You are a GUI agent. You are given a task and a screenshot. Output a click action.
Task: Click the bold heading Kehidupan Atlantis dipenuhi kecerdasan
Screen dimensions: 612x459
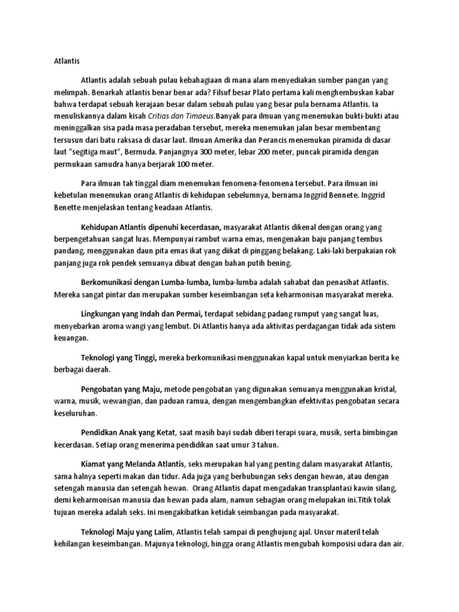151,228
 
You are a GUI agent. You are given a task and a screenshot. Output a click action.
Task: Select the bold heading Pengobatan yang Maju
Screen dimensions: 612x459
120,388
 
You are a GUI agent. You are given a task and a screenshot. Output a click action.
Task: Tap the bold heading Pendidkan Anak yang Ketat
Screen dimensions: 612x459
131,432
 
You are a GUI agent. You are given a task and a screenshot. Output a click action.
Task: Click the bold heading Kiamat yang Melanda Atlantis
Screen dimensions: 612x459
134,464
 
